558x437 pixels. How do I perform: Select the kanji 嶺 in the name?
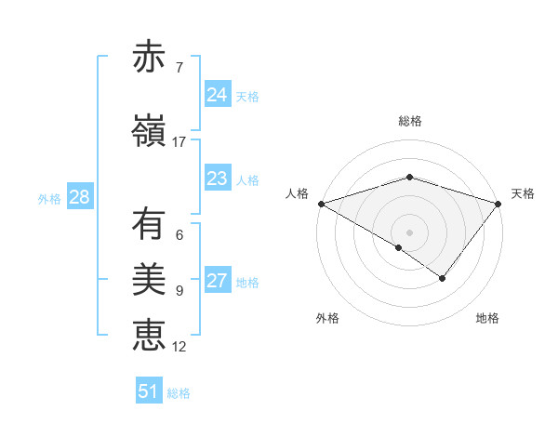click(x=149, y=131)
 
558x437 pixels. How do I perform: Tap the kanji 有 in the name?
click(x=149, y=224)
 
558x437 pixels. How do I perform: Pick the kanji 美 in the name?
click(x=149, y=280)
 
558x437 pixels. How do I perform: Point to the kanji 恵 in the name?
click(x=149, y=336)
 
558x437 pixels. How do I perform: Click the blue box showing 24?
click(x=217, y=95)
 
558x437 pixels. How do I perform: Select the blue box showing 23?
click(x=217, y=179)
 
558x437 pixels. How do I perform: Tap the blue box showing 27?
click(x=217, y=281)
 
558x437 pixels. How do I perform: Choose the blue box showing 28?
click(x=79, y=197)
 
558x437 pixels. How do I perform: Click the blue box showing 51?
click(x=149, y=391)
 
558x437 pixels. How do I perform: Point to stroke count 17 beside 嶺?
click(x=179, y=142)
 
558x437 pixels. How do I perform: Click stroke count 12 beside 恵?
click(x=179, y=347)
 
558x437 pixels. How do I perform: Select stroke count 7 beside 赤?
click(x=179, y=68)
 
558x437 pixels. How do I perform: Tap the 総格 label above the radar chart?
click(x=410, y=121)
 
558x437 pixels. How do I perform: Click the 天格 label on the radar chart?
click(x=523, y=193)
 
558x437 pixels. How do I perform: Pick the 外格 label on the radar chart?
click(x=327, y=318)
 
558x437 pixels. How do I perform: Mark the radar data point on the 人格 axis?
click(x=321, y=204)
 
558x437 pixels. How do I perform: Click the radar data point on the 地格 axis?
click(x=443, y=278)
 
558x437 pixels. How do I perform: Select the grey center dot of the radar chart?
click(x=409, y=232)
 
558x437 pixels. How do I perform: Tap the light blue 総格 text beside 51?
click(x=179, y=393)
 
